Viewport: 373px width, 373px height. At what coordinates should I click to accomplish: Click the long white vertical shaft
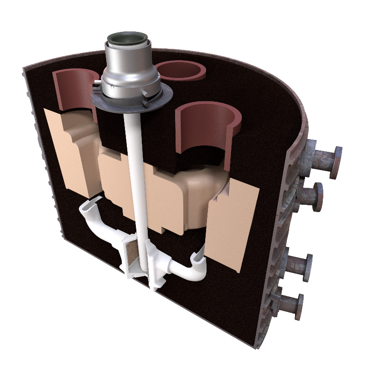click(137, 173)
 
